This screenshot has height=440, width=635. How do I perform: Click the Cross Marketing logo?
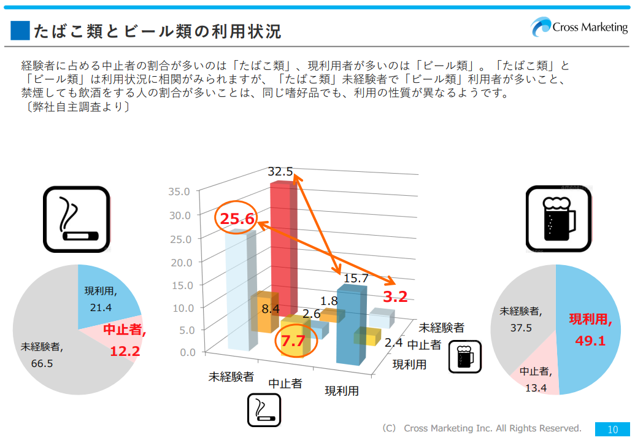coord(579,28)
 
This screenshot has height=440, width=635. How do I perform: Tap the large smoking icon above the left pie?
coord(76,219)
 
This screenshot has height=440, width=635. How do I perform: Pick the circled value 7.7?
coord(293,341)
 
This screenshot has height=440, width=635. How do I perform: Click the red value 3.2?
coord(395,297)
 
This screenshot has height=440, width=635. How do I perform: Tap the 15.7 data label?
coord(356,278)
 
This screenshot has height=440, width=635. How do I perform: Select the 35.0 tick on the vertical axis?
coord(180,191)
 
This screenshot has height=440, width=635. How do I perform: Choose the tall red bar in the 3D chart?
coord(283,245)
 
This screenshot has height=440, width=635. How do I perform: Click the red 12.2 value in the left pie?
coord(125,351)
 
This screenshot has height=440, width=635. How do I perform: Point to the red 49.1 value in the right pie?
coord(590,340)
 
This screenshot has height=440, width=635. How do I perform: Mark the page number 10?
coord(612,429)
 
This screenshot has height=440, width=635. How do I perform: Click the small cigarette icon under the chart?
coord(264,409)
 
